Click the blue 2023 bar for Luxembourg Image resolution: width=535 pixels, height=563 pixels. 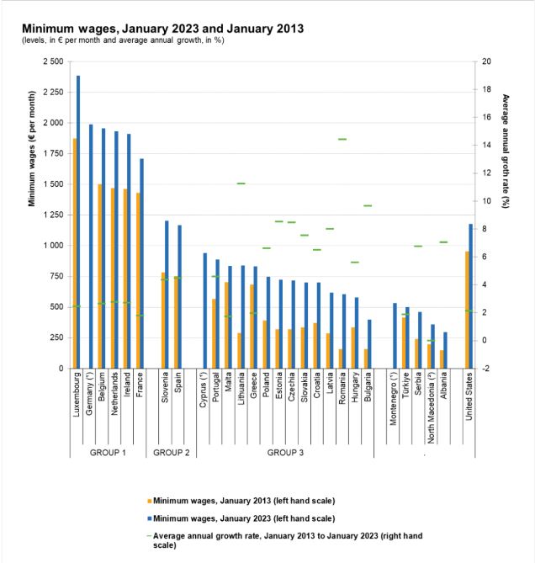(x=78, y=222)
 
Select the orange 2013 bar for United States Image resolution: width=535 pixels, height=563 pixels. (x=467, y=310)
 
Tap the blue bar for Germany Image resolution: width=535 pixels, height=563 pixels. (x=91, y=247)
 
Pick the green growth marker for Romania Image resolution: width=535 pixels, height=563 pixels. (x=342, y=139)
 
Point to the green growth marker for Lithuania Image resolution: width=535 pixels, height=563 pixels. (x=241, y=183)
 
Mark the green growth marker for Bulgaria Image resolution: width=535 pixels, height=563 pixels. (x=368, y=205)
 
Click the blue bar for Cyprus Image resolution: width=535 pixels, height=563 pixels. (x=205, y=311)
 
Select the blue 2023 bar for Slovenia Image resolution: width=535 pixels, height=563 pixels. (x=167, y=295)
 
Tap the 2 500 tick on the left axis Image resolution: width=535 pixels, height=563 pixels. (x=53, y=61)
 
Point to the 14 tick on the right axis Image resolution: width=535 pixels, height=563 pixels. (x=486, y=145)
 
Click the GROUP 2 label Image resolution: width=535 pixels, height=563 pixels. (x=171, y=453)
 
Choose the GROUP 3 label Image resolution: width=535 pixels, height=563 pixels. (x=285, y=453)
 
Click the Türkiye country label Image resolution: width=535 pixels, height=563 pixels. (x=405, y=385)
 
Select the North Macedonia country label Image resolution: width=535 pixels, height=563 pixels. (x=431, y=407)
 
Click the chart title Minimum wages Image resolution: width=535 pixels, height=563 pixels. (x=163, y=29)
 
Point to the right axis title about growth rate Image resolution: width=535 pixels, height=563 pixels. (x=506, y=151)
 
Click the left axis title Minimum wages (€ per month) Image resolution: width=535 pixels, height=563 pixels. (x=32, y=149)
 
